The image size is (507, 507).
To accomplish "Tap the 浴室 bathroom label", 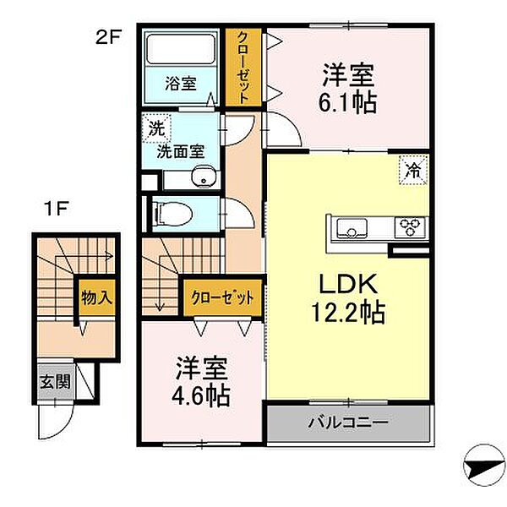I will pos(180,84).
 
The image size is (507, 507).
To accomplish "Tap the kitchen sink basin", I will pos(352,226).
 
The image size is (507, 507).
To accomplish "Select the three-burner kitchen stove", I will pos(412,226).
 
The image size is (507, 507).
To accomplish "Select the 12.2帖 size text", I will pos(346,314).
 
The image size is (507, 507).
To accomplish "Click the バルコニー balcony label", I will pos(347,420).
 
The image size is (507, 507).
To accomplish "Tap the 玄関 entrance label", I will pos(53,381).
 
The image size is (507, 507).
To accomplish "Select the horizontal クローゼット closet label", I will pos(222,297).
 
